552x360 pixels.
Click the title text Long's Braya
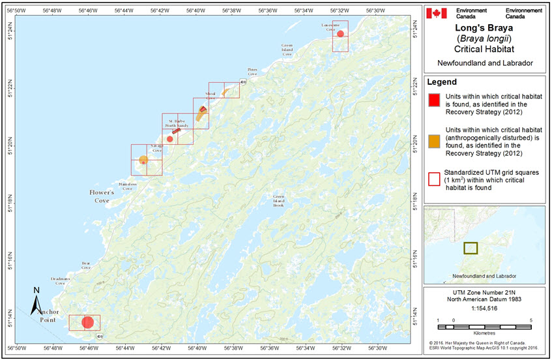(484, 28)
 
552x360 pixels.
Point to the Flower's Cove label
(102, 193)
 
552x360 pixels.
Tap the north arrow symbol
(37, 301)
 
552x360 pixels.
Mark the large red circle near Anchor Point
(88, 322)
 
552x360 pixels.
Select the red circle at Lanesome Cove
(340, 34)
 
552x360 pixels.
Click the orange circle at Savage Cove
(143, 160)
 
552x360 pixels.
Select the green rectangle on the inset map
(470, 248)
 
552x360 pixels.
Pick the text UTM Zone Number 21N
(484, 292)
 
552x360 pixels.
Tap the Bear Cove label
(85, 265)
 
